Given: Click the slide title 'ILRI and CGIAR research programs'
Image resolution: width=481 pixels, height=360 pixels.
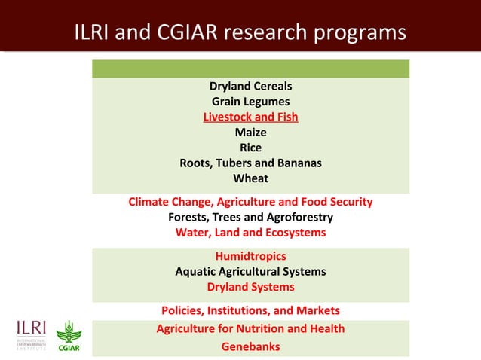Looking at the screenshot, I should pyautogui.click(x=240, y=33).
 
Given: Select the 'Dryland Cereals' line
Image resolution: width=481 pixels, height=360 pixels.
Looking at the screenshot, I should pyautogui.click(x=250, y=86).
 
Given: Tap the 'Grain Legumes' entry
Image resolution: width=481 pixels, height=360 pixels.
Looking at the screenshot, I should pyautogui.click(x=250, y=102).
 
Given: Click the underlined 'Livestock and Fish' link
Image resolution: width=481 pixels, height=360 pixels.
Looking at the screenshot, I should pyautogui.click(x=250, y=117).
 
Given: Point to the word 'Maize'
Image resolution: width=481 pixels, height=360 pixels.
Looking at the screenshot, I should pyautogui.click(x=250, y=133).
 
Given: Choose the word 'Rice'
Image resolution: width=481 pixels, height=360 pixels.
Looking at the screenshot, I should pyautogui.click(x=250, y=148).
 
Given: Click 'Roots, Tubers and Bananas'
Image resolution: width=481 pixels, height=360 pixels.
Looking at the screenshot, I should pyautogui.click(x=250, y=163).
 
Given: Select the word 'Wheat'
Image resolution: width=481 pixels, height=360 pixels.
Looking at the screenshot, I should pyautogui.click(x=250, y=178).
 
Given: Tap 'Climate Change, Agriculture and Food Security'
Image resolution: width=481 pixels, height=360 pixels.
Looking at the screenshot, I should pyautogui.click(x=250, y=202).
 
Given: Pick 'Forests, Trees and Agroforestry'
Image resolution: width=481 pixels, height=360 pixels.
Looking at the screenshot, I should pyautogui.click(x=250, y=218).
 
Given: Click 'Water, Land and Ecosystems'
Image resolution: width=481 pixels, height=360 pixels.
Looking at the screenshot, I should pyautogui.click(x=250, y=233).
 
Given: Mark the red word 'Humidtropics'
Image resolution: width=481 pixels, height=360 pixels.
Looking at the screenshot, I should pyautogui.click(x=250, y=256).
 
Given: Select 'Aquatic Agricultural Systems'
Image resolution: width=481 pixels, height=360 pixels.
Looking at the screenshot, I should pyautogui.click(x=250, y=271).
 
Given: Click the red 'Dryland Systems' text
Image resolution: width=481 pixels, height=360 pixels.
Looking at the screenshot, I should pyautogui.click(x=250, y=287).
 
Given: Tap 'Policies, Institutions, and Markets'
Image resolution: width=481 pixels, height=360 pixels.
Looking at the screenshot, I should pyautogui.click(x=250, y=310).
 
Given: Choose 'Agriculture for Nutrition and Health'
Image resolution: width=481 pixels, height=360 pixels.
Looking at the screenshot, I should pyautogui.click(x=250, y=328).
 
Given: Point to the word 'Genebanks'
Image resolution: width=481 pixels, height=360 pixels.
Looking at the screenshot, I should pyautogui.click(x=250, y=346).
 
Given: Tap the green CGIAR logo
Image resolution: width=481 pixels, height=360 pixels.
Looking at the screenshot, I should pyautogui.click(x=69, y=337).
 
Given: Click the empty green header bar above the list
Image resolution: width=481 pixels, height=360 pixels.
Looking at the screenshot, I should pyautogui.click(x=250, y=69).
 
